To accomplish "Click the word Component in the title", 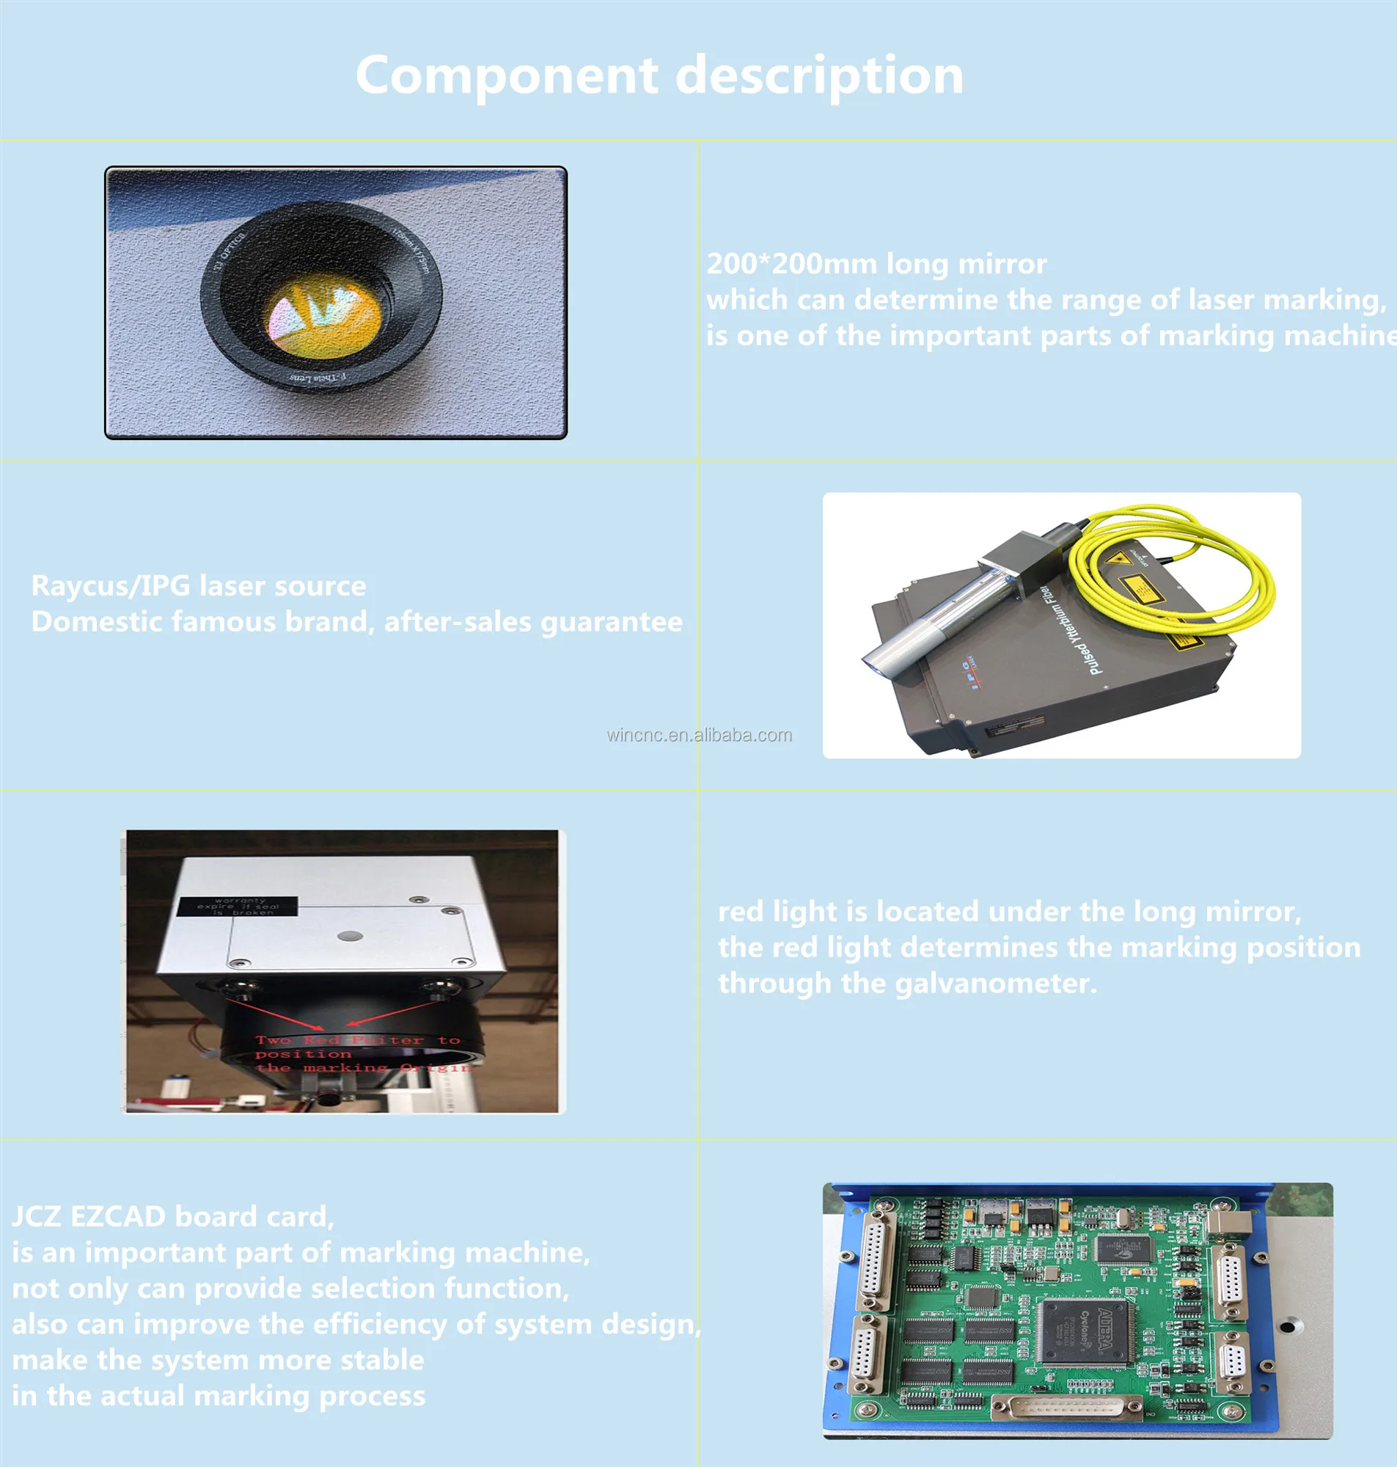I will [x=507, y=76].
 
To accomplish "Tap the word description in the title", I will [x=818, y=76].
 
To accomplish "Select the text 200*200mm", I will [x=791, y=263].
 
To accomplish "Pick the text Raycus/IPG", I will [x=100, y=586].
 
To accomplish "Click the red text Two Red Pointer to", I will [x=357, y=1039].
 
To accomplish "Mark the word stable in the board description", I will [x=382, y=1360].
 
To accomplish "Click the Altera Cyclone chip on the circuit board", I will [x=1088, y=1337].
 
